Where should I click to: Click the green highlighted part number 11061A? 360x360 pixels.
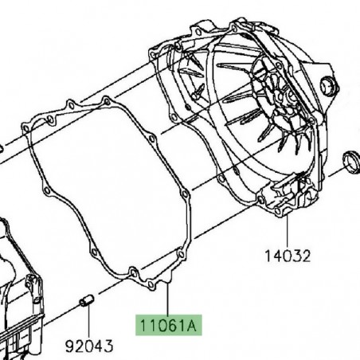(x=167, y=326)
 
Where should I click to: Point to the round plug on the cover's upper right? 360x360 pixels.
(x=327, y=86)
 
